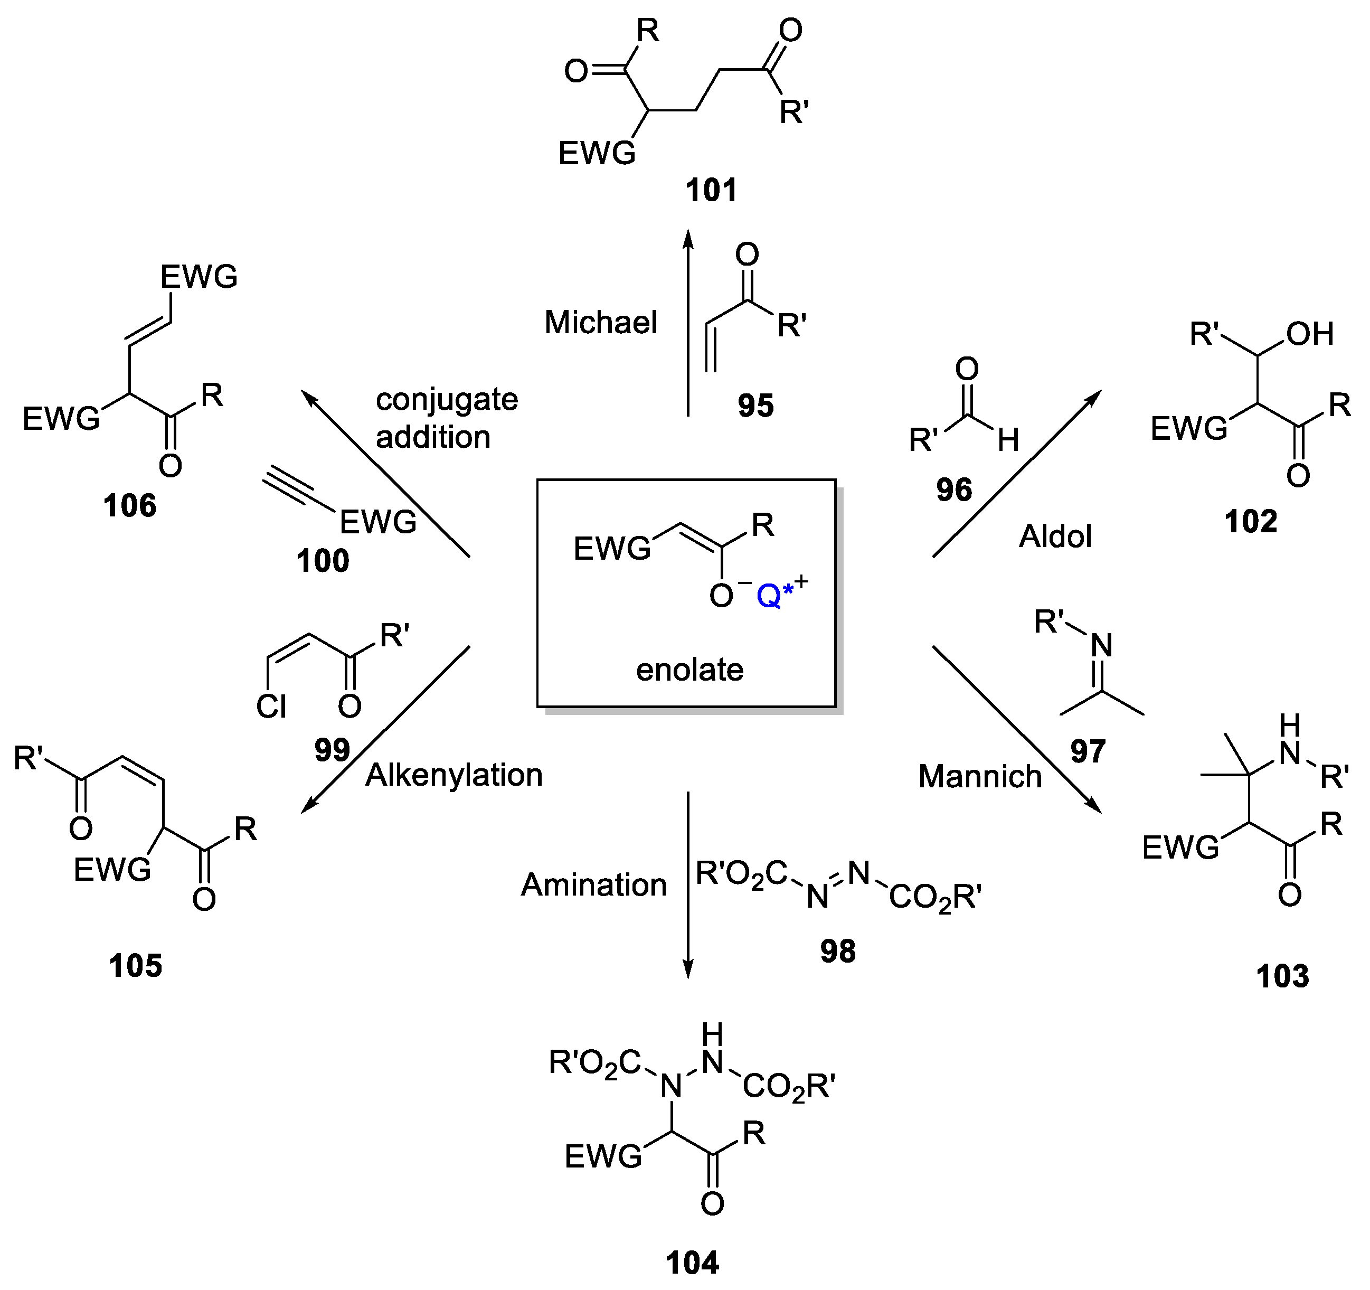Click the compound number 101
pyautogui.click(x=711, y=190)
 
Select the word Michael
pyautogui.click(x=601, y=323)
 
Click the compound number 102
pyautogui.click(x=1251, y=522)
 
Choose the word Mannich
pyautogui.click(x=980, y=777)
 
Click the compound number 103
pyautogui.click(x=1282, y=976)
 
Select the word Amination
pyautogui.click(x=593, y=885)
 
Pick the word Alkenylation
pyautogui.click(x=453, y=775)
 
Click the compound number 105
pyautogui.click(x=135, y=966)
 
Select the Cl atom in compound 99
pyautogui.click(x=271, y=707)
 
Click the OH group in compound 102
pyautogui.click(x=1309, y=334)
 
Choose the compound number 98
pyautogui.click(x=837, y=952)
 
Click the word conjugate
pyautogui.click(x=447, y=400)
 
